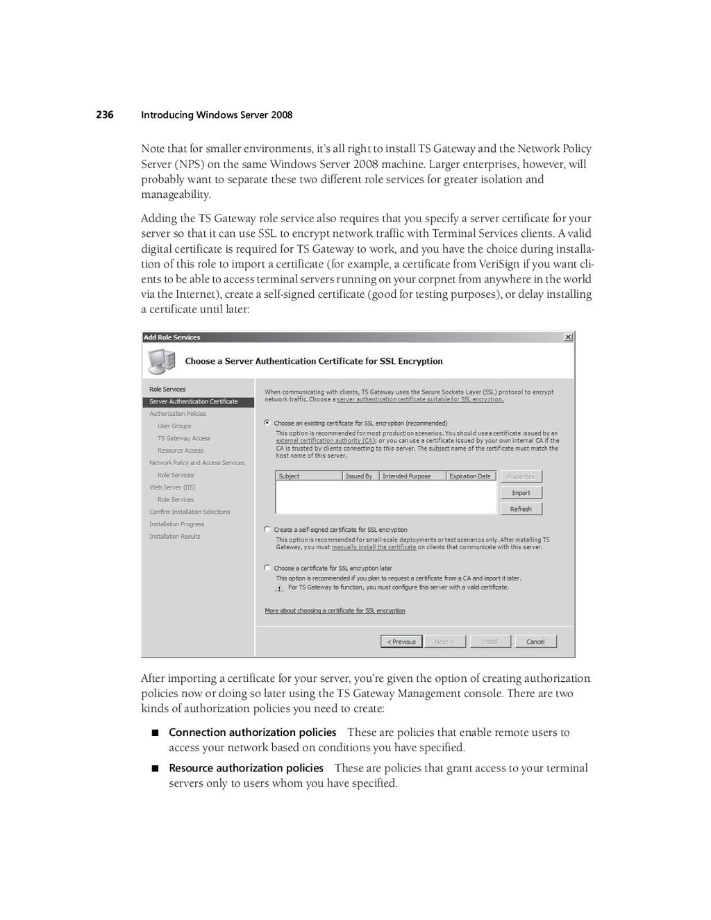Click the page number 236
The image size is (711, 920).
tap(105, 115)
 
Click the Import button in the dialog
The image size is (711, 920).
tap(521, 493)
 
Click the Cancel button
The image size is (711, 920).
tap(535, 642)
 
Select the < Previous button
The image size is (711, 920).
tap(401, 642)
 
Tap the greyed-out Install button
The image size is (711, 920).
tap(490, 642)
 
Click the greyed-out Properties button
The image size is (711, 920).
tap(521, 477)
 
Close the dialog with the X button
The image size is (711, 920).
tap(568, 337)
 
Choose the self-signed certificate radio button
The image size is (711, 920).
tap(267, 529)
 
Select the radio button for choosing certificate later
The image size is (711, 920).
tap(267, 567)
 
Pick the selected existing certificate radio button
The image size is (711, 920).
tap(267, 422)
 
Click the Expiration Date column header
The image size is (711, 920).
tap(470, 476)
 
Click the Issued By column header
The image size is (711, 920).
tap(360, 476)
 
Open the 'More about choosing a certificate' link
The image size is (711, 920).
tap(335, 611)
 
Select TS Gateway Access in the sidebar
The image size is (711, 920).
tap(184, 438)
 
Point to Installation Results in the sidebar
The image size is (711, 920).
tap(175, 536)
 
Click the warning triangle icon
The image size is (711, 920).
tap(279, 588)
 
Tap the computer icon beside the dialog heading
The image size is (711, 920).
tap(161, 362)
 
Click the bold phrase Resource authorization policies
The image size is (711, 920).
tap(246, 768)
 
